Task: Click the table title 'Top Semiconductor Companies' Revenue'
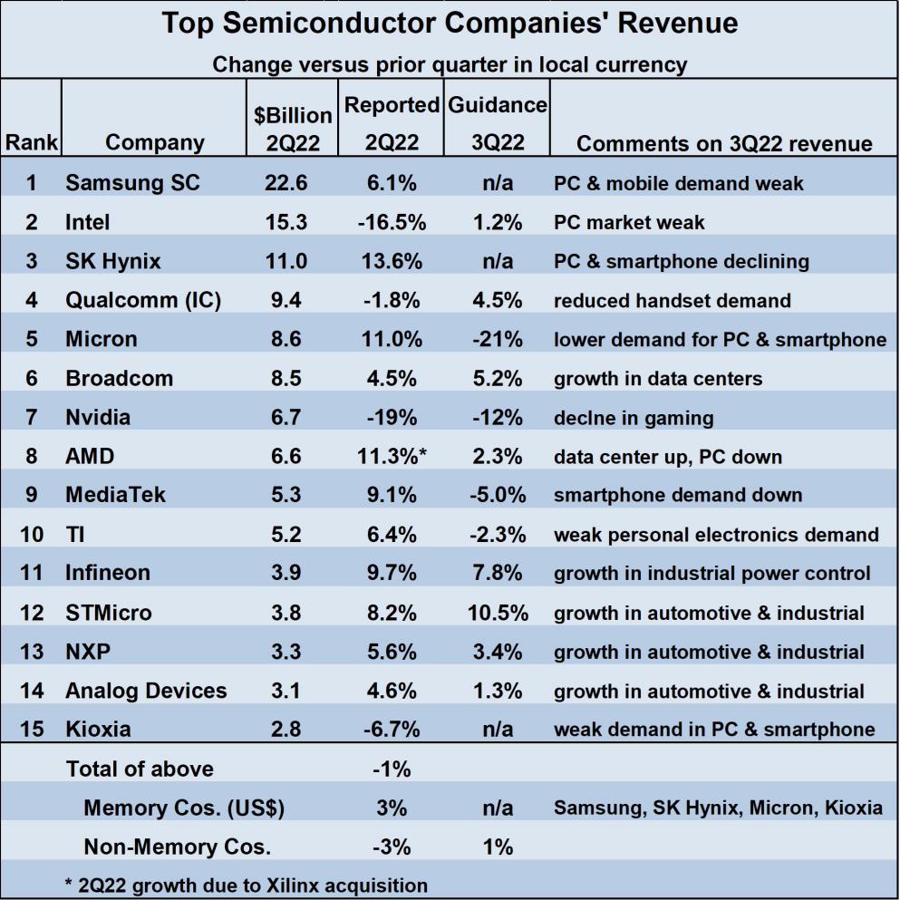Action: coord(450,24)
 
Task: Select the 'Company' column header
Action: coord(155,142)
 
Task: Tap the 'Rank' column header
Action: coord(32,142)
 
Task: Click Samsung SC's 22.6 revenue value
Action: coord(286,182)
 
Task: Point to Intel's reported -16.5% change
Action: coord(391,221)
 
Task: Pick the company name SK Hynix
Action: coord(113,261)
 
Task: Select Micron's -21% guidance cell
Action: coord(498,339)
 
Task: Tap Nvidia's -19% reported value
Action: coord(392,417)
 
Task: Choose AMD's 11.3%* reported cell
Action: coord(392,456)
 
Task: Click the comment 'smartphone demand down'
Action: coord(678,495)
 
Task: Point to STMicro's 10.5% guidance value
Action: coord(498,613)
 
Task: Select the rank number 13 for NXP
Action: coord(32,652)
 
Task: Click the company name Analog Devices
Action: coord(146,691)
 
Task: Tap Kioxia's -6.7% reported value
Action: coord(392,730)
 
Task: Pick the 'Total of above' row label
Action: coord(140,769)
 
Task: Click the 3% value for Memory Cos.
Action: coord(392,808)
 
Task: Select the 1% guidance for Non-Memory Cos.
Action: coord(498,847)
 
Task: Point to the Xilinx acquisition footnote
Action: coord(247,885)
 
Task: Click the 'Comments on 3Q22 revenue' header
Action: coord(724,143)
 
